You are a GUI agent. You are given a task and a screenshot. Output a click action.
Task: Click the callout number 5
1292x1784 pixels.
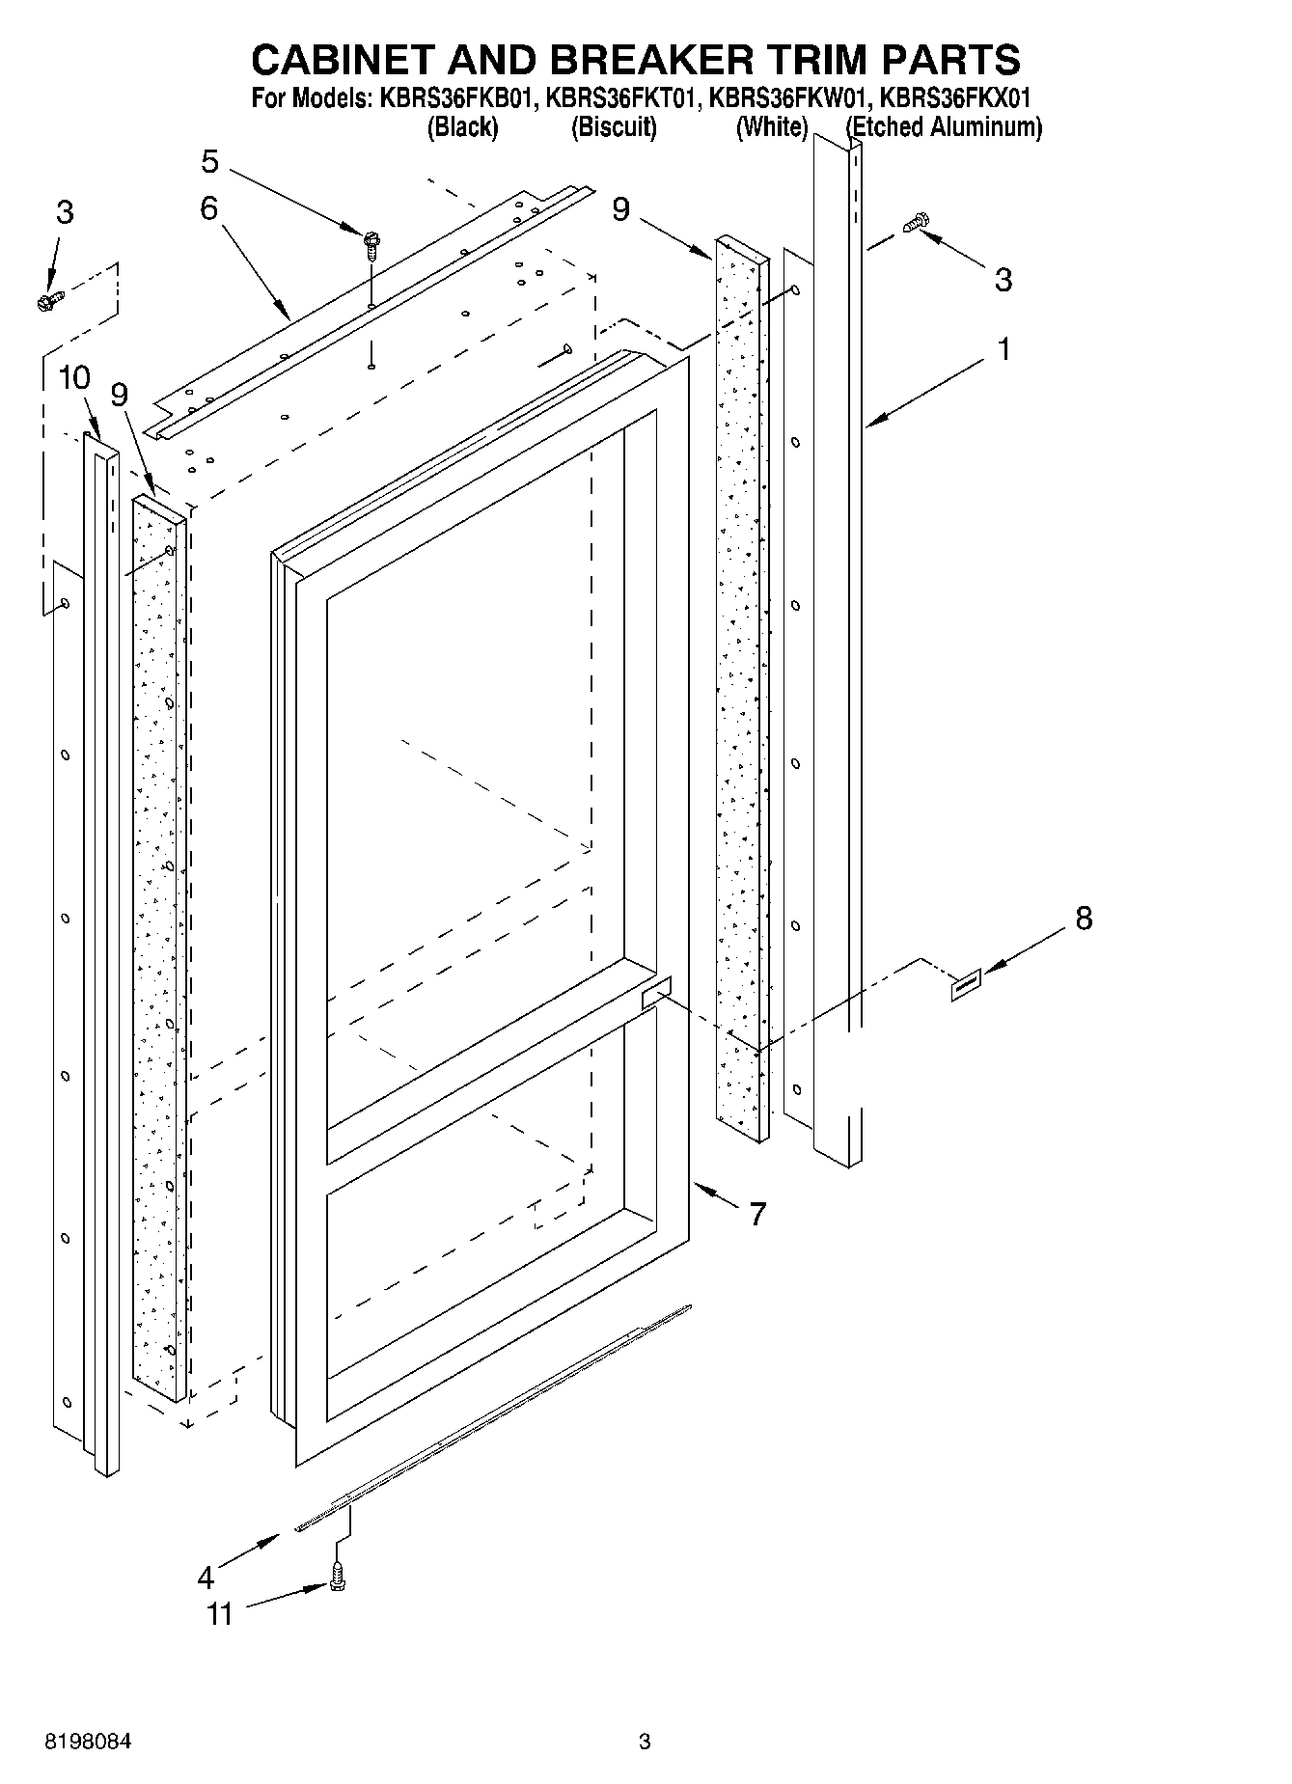pos(210,161)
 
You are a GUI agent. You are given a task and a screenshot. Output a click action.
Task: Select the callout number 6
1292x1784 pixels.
pos(209,208)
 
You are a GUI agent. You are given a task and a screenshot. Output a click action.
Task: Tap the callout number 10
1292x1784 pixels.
pos(74,377)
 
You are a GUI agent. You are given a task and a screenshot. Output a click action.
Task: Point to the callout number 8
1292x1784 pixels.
pos(1084,918)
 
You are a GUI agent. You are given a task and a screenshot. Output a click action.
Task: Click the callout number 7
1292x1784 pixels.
pos(757,1214)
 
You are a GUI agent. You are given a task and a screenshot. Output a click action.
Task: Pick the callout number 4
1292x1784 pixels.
pos(206,1578)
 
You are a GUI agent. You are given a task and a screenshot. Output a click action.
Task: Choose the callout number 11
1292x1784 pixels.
pos(220,1613)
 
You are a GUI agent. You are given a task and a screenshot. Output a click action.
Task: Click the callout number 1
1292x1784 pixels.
pos(1003,348)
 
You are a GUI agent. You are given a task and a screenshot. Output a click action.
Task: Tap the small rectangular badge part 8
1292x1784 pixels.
pos(966,985)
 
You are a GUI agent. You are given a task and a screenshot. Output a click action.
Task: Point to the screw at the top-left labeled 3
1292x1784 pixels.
pos(48,302)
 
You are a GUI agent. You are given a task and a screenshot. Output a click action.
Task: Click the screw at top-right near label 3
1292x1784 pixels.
pos(915,224)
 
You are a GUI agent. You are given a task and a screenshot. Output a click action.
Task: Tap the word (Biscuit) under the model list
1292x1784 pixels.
pos(614,126)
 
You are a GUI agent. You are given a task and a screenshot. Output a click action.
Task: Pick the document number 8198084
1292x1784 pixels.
pos(88,1743)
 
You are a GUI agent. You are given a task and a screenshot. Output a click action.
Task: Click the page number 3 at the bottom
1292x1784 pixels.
pos(645,1743)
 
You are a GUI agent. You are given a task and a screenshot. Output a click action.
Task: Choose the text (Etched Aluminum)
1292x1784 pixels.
pos(944,126)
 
